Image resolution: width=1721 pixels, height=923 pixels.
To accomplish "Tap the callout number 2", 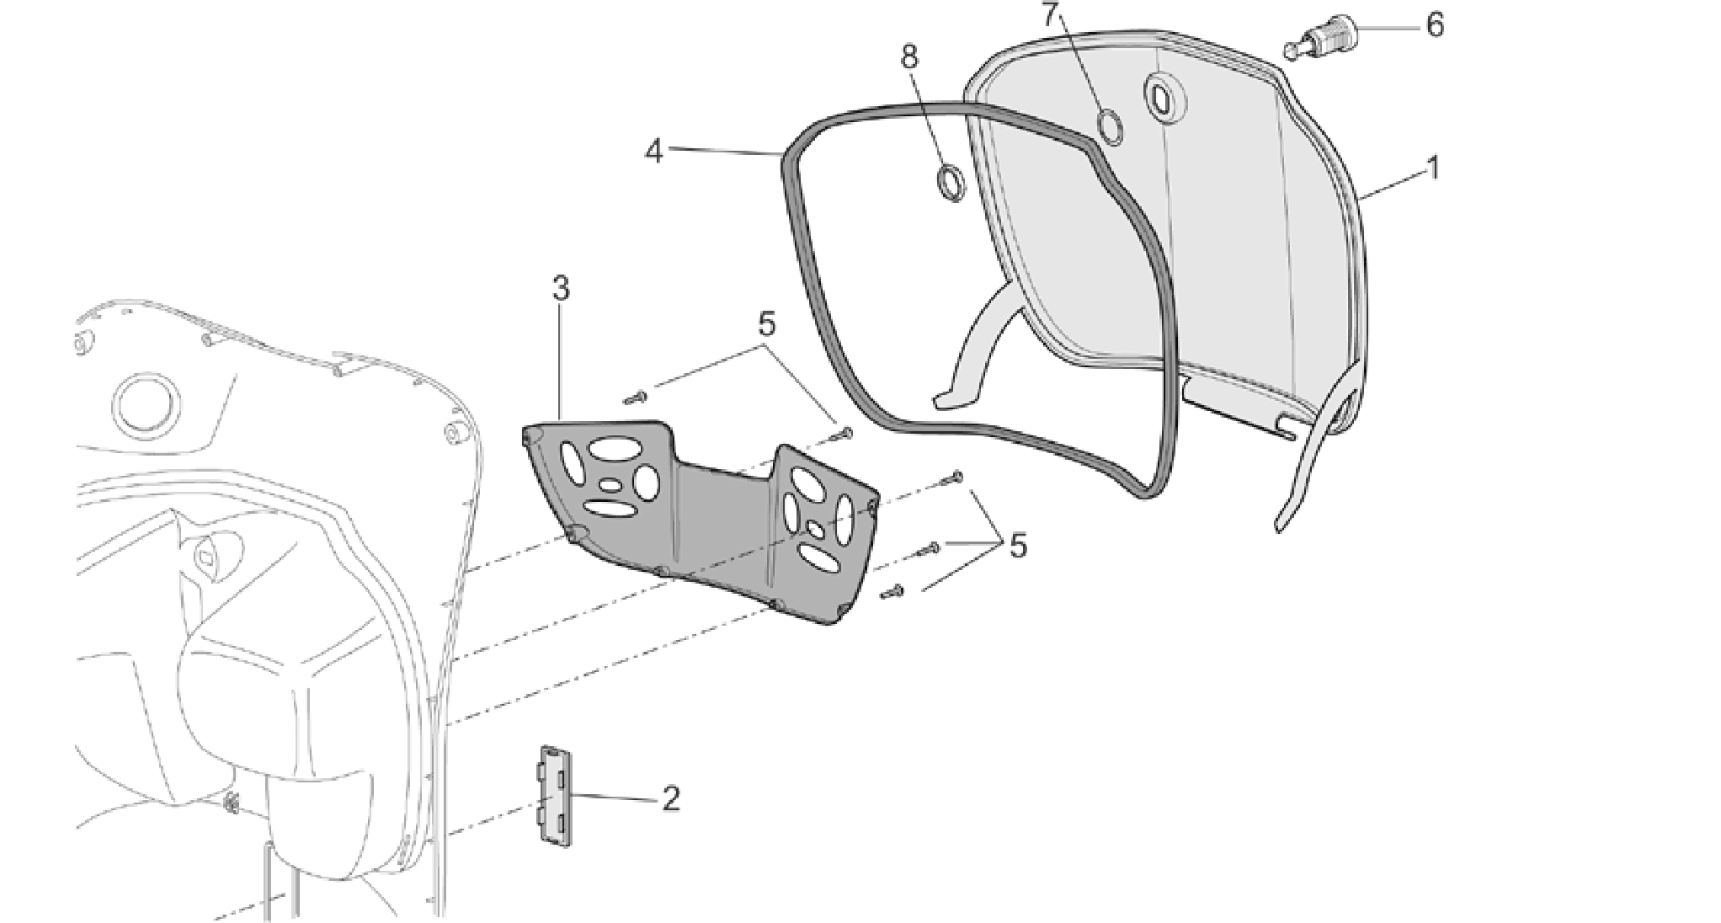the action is point(670,799).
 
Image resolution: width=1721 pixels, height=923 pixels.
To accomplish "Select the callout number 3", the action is point(561,289).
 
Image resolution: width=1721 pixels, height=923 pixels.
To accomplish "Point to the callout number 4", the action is point(654,152).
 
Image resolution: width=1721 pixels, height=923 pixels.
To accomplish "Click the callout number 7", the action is point(1048,14).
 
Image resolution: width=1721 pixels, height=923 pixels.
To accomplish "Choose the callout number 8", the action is point(909,57).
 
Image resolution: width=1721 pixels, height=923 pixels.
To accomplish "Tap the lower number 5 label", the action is point(1018,547).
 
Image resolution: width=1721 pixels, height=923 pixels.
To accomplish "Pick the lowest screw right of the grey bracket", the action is point(892,591).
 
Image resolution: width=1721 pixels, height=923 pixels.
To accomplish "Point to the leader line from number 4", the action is point(726,152).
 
